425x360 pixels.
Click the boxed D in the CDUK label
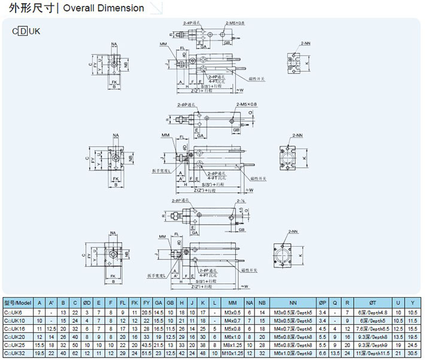tap(23, 31)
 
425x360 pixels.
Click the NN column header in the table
tap(293, 303)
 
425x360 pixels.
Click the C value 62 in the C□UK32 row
tap(75, 354)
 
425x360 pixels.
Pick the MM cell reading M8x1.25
tap(232, 346)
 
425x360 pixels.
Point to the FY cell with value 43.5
tap(147, 346)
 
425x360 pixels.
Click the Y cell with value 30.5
tap(411, 354)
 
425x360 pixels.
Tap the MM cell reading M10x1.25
tap(232, 354)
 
